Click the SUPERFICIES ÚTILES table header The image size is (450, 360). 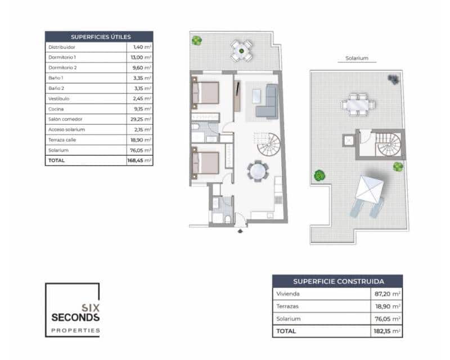99,37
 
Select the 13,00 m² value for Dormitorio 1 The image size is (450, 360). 139,57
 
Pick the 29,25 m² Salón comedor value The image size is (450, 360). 139,119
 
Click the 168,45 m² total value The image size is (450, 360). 139,160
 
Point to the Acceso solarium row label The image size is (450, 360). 66,129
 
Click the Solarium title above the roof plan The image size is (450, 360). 356,58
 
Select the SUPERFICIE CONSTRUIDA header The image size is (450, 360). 337,281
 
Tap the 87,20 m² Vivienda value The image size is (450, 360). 389,294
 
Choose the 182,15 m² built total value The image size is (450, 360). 388,331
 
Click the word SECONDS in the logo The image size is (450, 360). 75,317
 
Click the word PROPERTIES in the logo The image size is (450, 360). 75,330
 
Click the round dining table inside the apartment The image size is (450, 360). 258,170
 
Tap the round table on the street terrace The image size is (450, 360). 241,51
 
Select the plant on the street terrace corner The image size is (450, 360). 197,40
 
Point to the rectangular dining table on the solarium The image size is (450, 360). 357,105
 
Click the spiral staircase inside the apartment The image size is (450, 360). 269,145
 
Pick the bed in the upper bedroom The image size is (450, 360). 206,93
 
